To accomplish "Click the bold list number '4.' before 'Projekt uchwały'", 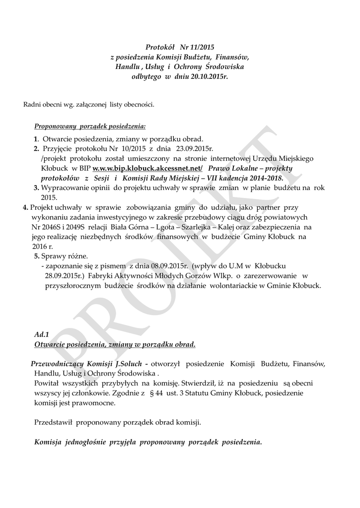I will (x=25, y=207).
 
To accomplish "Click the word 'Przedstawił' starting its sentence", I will (x=53, y=422).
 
